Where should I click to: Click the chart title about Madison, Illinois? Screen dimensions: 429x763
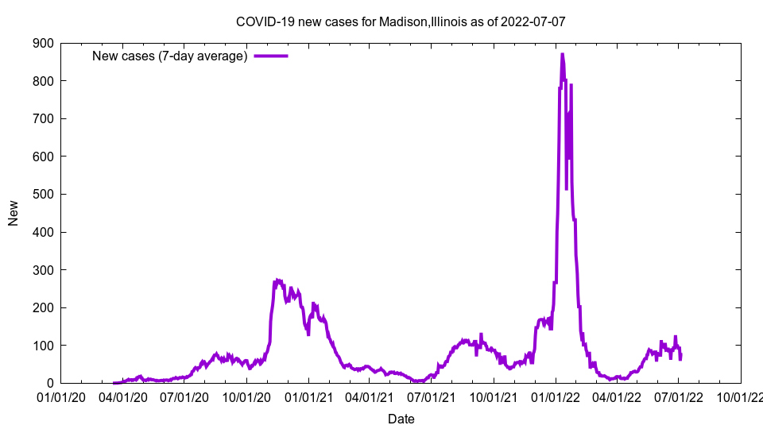point(401,21)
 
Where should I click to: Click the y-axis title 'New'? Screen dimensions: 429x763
point(14,213)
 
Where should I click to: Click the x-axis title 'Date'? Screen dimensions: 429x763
point(401,419)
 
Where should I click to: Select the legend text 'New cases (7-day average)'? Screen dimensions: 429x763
point(170,56)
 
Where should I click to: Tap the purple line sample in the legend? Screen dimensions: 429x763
point(270,56)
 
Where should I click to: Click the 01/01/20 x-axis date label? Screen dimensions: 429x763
point(61,396)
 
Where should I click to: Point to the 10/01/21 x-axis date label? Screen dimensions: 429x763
point(494,396)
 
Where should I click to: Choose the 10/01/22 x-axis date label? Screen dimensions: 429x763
point(740,396)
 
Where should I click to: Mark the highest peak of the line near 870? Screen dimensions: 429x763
point(562,54)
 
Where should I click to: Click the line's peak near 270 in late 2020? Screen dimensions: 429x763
point(277,280)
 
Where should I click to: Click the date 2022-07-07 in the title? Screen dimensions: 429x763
point(533,21)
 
